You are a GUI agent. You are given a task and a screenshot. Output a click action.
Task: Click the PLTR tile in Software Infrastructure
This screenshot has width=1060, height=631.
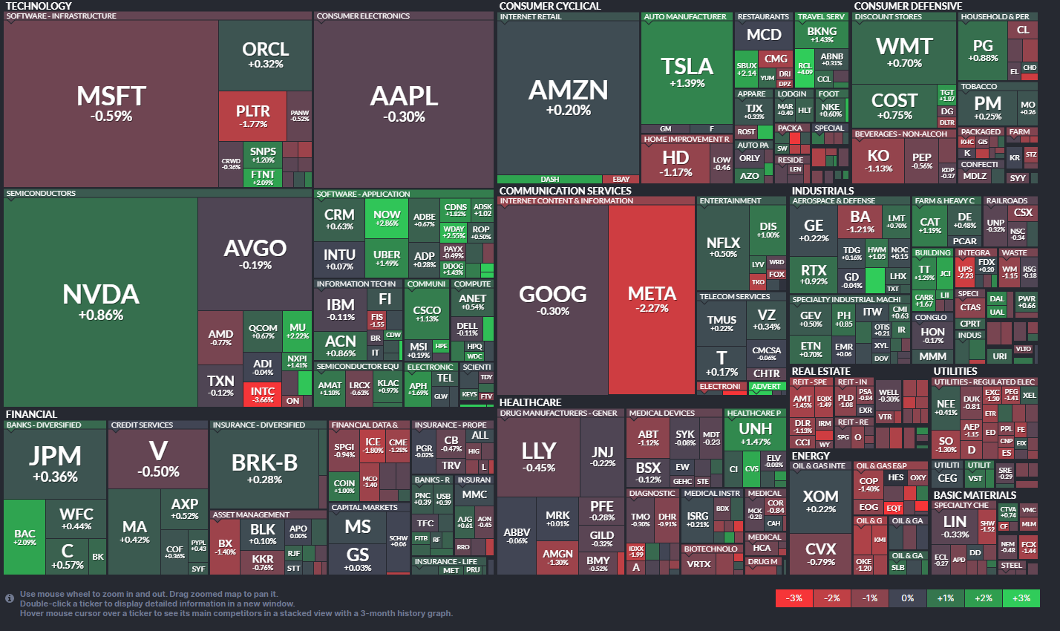point(252,116)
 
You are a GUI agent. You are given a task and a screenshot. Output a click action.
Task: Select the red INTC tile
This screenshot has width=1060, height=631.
point(262,394)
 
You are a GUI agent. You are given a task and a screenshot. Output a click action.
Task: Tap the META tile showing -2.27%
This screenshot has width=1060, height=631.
point(652,298)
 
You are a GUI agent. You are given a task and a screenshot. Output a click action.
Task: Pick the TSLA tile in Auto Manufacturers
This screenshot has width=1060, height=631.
point(687,73)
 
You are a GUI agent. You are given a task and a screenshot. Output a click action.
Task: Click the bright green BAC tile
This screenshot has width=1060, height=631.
point(24,537)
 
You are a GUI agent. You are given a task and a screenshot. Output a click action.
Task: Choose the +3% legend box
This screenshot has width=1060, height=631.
point(1021,598)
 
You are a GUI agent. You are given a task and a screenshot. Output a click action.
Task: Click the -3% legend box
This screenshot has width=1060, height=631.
point(794,598)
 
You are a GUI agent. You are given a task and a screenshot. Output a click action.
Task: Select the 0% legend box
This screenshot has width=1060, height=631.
point(908,598)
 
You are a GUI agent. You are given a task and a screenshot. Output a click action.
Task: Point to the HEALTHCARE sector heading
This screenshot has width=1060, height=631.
point(530,402)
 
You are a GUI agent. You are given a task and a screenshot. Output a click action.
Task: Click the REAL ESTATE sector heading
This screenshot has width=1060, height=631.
point(821,371)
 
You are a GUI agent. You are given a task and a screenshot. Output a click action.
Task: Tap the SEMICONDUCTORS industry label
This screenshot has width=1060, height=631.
point(41,194)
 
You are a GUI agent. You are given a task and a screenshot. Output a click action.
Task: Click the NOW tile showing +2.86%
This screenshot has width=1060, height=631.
point(386,218)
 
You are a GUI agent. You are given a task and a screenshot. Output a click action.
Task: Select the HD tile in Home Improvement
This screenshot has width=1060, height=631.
point(675,162)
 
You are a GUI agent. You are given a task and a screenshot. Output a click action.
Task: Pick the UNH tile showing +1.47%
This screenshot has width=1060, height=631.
point(755,434)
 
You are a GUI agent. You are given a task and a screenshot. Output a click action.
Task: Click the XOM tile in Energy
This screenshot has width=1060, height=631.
point(820,500)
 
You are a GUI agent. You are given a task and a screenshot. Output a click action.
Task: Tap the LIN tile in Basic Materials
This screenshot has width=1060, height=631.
point(955,526)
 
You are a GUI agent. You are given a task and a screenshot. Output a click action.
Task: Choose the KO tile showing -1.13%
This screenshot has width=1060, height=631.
point(878,160)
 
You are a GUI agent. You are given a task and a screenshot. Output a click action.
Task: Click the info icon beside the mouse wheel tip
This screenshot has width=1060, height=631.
point(10,598)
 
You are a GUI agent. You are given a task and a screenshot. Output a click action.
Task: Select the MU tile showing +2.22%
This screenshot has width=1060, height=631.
point(298,330)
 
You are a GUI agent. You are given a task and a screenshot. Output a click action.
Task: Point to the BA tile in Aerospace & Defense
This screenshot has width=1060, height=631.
point(860,221)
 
